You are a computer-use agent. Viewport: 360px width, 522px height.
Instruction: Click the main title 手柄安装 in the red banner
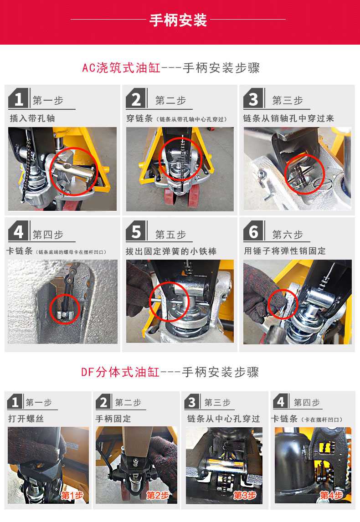coord(178,20)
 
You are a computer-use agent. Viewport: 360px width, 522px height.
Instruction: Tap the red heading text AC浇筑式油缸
coord(122,68)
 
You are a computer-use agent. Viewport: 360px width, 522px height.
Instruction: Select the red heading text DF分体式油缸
coord(121,372)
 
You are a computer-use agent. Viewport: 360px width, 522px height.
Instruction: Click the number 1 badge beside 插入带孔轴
coord(19,98)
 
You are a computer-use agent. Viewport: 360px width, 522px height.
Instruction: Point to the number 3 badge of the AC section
coord(254,98)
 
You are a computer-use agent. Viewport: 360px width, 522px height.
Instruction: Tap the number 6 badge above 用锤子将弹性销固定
coord(254,230)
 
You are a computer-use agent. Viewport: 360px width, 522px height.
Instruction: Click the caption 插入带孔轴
coord(32,118)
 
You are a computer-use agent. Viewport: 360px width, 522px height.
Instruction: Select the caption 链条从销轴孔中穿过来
coord(288,118)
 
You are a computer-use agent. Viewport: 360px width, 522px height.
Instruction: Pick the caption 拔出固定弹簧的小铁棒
coord(171,251)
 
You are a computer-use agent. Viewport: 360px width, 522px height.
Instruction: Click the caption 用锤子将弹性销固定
coord(285,251)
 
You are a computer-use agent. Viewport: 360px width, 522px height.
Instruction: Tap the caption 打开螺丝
coord(26,419)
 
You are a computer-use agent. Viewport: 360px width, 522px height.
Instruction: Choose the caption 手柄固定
coord(113,419)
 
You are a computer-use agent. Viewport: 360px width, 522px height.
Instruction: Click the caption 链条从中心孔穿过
coord(223,419)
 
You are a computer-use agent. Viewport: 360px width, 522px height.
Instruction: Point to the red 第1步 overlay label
coord(72,496)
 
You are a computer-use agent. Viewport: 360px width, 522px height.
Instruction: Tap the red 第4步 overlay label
coord(331,496)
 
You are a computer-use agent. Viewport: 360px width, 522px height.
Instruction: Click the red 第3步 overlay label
coord(245,496)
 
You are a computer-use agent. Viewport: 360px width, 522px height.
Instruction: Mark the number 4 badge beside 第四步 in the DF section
coord(281,401)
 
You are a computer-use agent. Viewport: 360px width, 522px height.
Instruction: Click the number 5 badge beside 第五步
coord(137,230)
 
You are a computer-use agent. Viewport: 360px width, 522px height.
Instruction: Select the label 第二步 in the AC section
coord(170,100)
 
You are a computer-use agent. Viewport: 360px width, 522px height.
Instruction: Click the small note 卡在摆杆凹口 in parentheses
coord(323,420)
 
